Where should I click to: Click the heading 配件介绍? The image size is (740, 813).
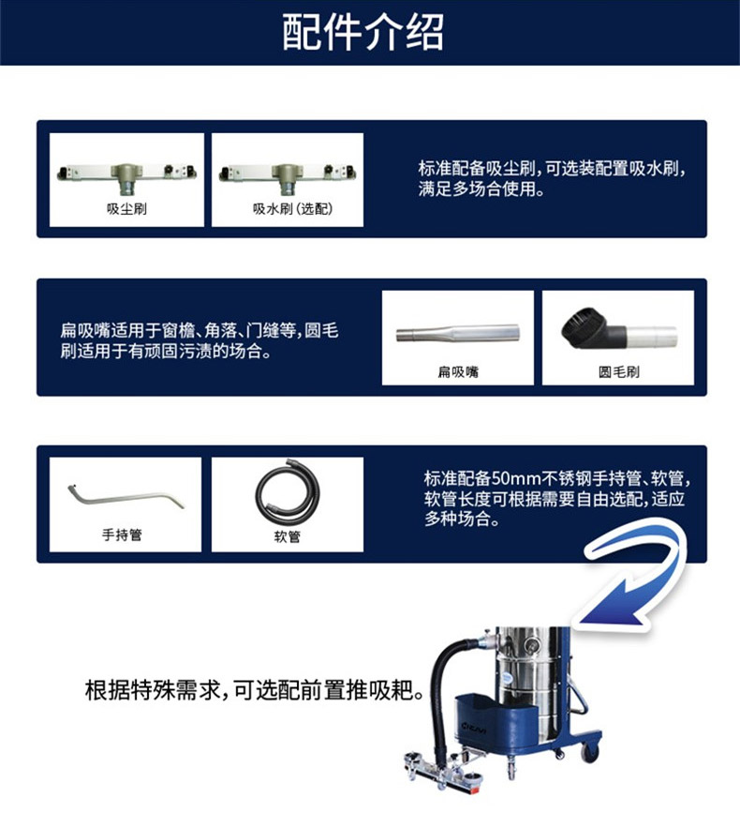[x=363, y=32]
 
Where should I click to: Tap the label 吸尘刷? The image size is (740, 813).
[x=126, y=208]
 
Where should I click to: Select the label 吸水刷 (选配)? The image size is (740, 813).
[x=292, y=208]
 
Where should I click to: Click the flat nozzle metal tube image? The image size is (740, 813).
[x=458, y=332]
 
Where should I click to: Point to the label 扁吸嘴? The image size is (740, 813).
[x=458, y=371]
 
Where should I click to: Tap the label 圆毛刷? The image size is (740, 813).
[x=619, y=371]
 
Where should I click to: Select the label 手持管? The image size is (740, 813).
[x=122, y=534]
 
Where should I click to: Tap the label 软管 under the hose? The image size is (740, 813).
[x=288, y=535]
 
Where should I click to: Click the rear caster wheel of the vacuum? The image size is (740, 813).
[x=590, y=751]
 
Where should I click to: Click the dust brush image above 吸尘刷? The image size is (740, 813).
[x=126, y=176]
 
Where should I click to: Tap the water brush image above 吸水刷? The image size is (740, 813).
[x=288, y=176]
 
